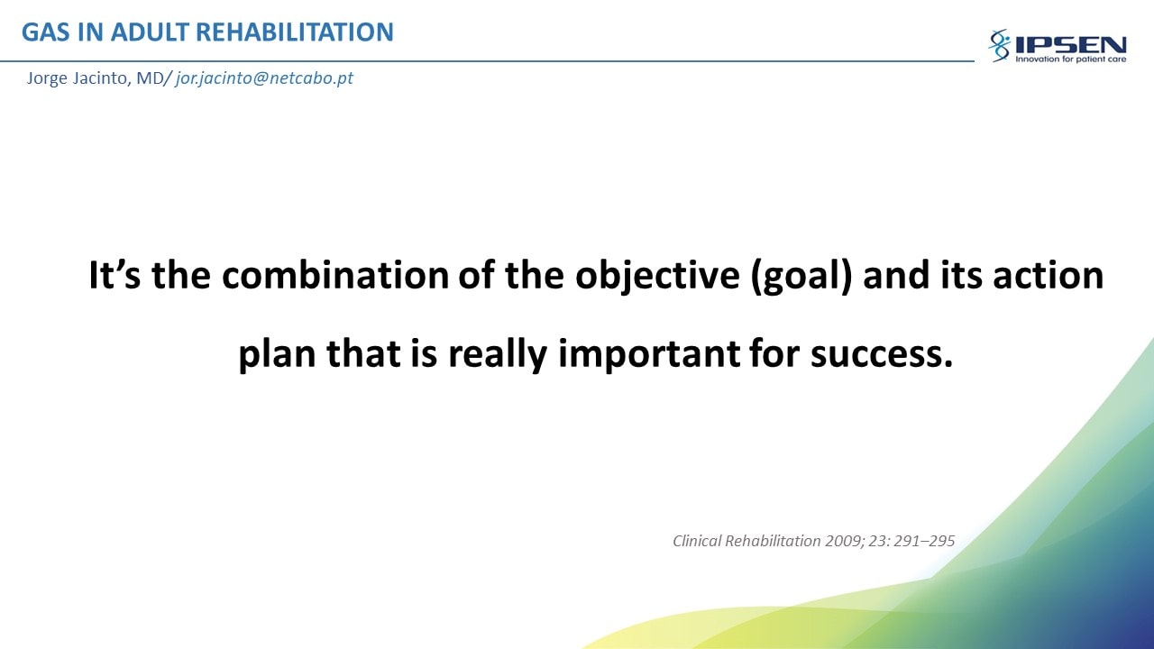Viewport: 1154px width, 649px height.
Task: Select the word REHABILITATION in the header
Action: [x=295, y=32]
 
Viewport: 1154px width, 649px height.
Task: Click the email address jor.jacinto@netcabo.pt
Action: [x=264, y=78]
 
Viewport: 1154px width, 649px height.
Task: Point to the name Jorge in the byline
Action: [x=47, y=78]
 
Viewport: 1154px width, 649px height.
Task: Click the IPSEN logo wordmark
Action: [x=1070, y=45]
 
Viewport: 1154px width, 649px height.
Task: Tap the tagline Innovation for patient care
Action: [x=1070, y=59]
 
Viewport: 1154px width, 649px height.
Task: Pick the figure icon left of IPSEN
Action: [x=1000, y=45]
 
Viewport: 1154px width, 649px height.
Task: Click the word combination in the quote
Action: [x=335, y=275]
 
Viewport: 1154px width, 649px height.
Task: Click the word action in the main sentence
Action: [x=1049, y=275]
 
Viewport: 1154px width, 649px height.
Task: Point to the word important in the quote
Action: [x=649, y=355]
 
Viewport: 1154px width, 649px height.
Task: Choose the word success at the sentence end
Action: [x=882, y=355]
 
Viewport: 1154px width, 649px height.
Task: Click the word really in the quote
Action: [x=497, y=355]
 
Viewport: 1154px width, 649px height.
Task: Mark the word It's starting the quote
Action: [x=114, y=275]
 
